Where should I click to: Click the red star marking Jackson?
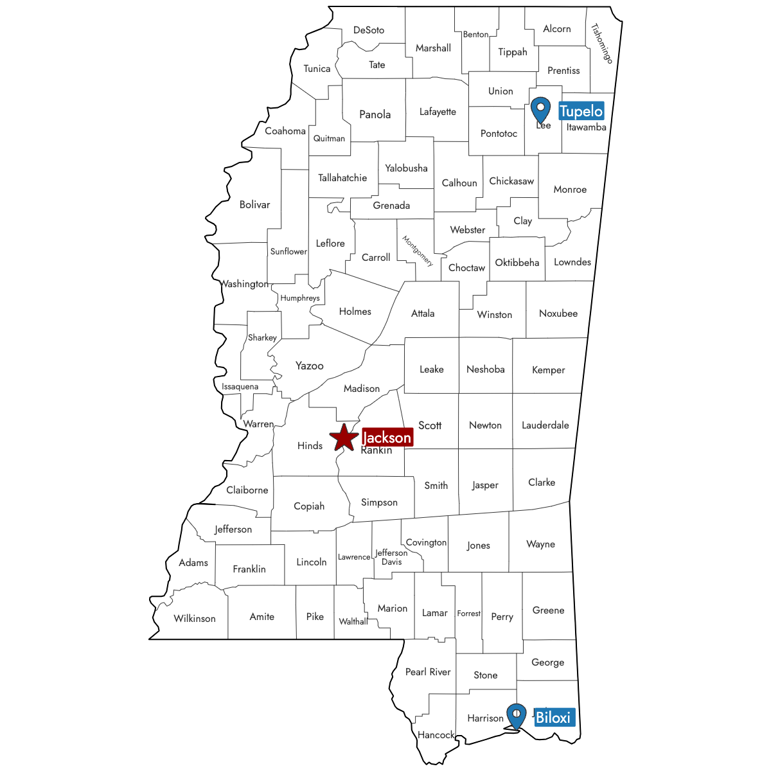tap(344, 438)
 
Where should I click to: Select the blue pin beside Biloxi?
tap(516, 715)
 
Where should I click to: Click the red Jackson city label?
tap(387, 438)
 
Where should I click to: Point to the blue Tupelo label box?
tap(581, 111)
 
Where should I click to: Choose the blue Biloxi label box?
tap(553, 717)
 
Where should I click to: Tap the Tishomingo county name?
tap(602, 43)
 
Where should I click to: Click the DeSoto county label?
tap(369, 30)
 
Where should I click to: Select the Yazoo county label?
tap(309, 366)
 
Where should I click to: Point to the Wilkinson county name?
tap(195, 619)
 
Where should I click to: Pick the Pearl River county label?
tap(428, 672)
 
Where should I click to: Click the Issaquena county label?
tap(240, 387)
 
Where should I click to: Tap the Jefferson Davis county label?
tap(391, 557)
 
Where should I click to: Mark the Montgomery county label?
tap(418, 251)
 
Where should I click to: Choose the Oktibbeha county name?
tap(517, 262)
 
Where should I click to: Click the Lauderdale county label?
tap(545, 425)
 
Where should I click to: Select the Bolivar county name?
tap(254, 205)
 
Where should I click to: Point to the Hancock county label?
tap(436, 735)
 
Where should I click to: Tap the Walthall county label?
tap(353, 621)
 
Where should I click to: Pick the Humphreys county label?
tap(300, 298)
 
